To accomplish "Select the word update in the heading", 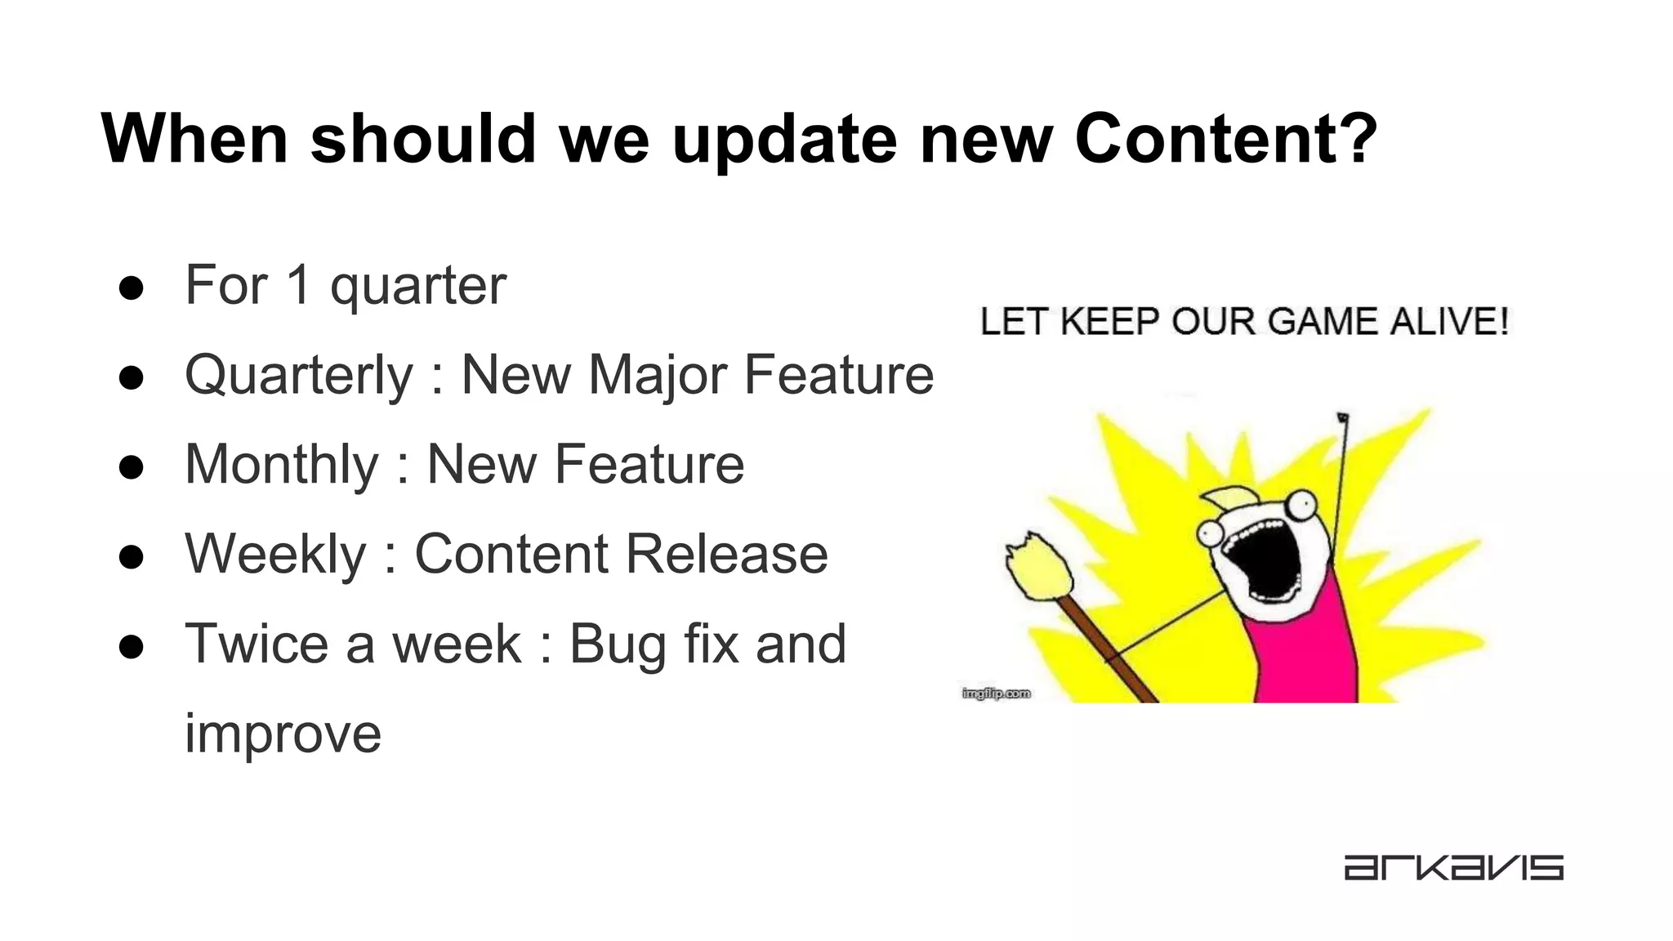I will click(784, 140).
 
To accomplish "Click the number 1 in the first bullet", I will click(298, 285).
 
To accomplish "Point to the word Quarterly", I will click(299, 377).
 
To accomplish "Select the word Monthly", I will click(282, 466).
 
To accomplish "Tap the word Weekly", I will click(275, 555).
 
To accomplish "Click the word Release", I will click(726, 555).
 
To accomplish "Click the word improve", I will click(283, 734).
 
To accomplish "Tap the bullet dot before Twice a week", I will click(131, 647).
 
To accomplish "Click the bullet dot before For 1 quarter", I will click(131, 288).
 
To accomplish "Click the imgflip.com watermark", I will click(996, 693).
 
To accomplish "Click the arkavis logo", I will click(1453, 867).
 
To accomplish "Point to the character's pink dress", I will click(1307, 653).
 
